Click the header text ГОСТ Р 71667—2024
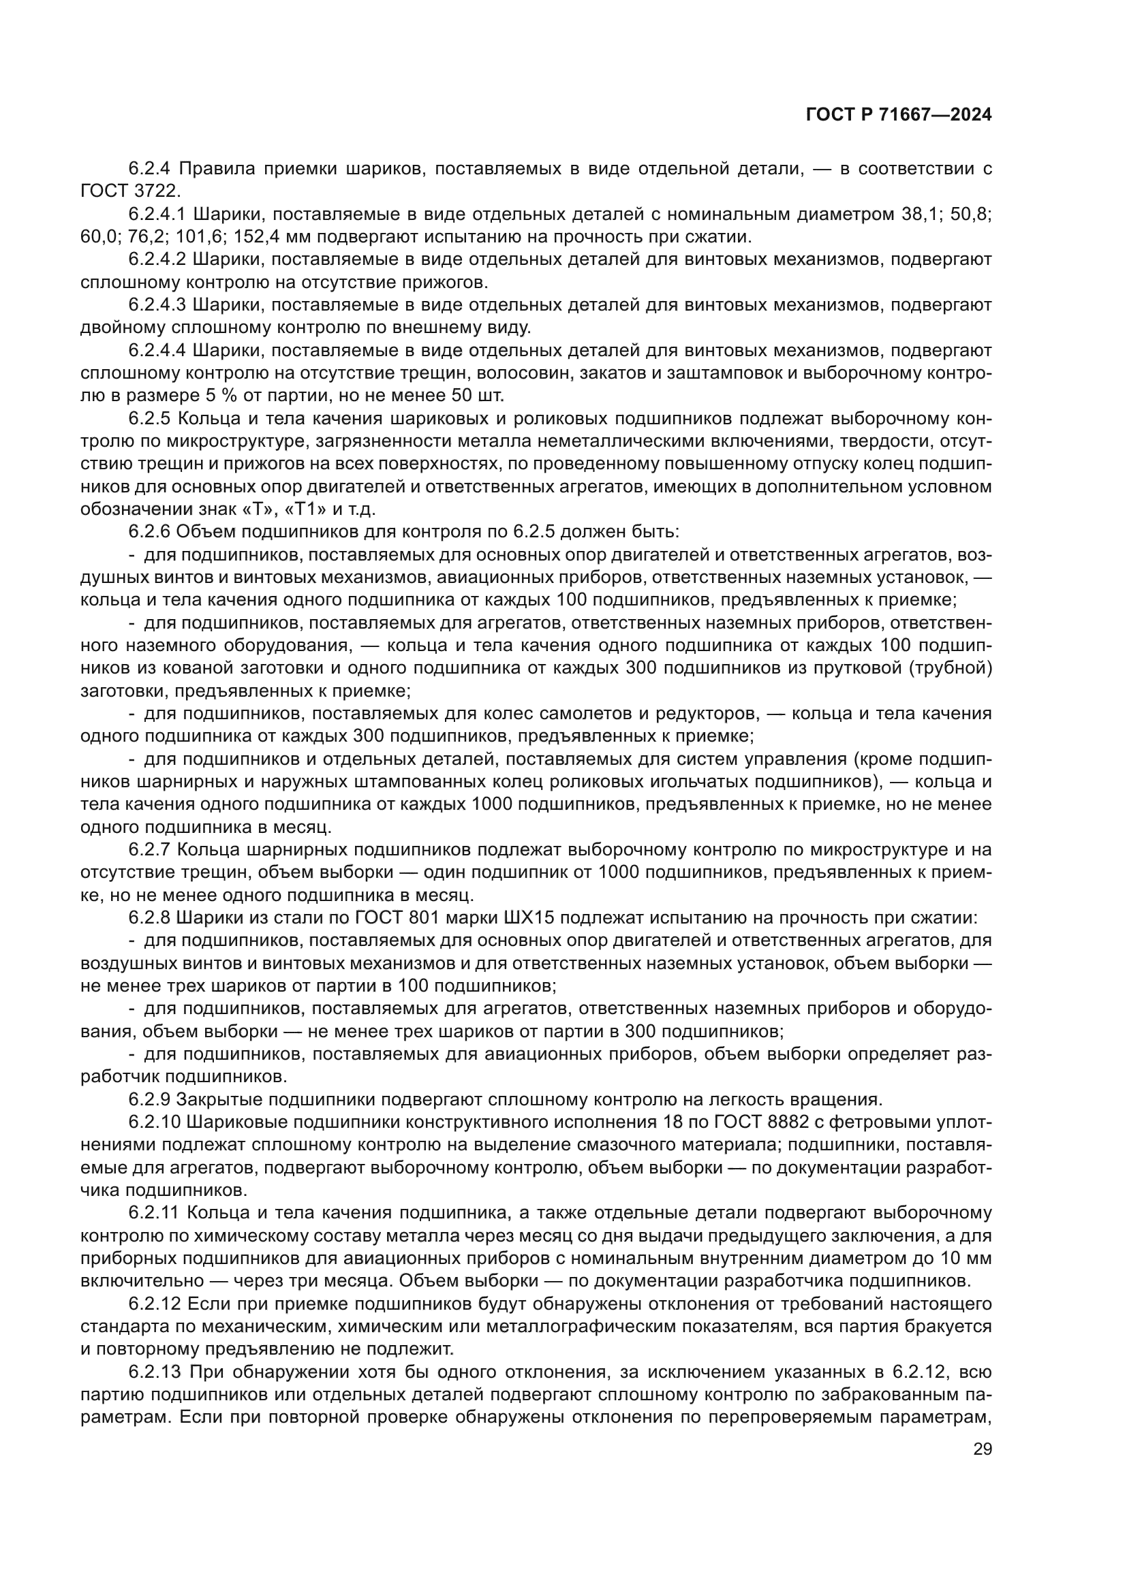(x=898, y=115)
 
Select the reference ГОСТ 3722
(x=129, y=190)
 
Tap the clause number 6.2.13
(x=154, y=1372)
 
